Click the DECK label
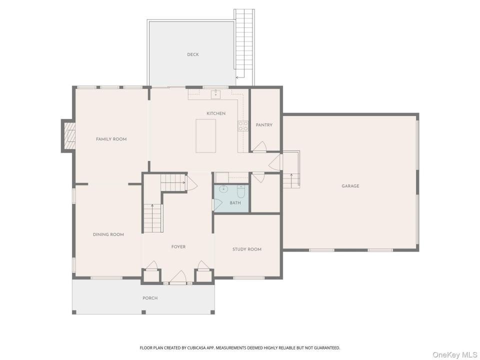tap(193, 54)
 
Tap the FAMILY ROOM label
tap(111, 139)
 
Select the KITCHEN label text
tap(216, 113)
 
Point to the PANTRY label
tap(264, 125)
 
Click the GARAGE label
tap(350, 186)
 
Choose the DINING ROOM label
tap(108, 234)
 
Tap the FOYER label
tap(178, 246)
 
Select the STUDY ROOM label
tap(247, 249)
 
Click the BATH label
tap(235, 202)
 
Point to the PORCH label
tap(150, 298)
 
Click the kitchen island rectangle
tap(205, 135)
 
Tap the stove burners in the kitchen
tap(243, 126)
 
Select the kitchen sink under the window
tap(216, 93)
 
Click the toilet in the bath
tap(241, 191)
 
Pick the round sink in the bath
tap(224, 189)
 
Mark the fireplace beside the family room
tap(68, 135)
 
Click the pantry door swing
tap(259, 146)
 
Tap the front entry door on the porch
tap(178, 276)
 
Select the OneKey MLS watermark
tap(455, 355)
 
